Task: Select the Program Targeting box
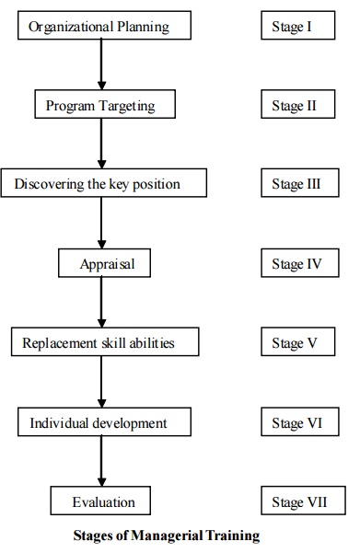point(100,105)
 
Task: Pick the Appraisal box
point(108,264)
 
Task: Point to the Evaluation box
point(103,502)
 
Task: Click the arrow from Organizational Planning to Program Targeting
point(101,64)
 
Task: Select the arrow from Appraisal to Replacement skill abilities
point(101,304)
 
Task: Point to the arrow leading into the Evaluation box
point(101,463)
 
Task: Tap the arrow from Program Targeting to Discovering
point(101,144)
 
